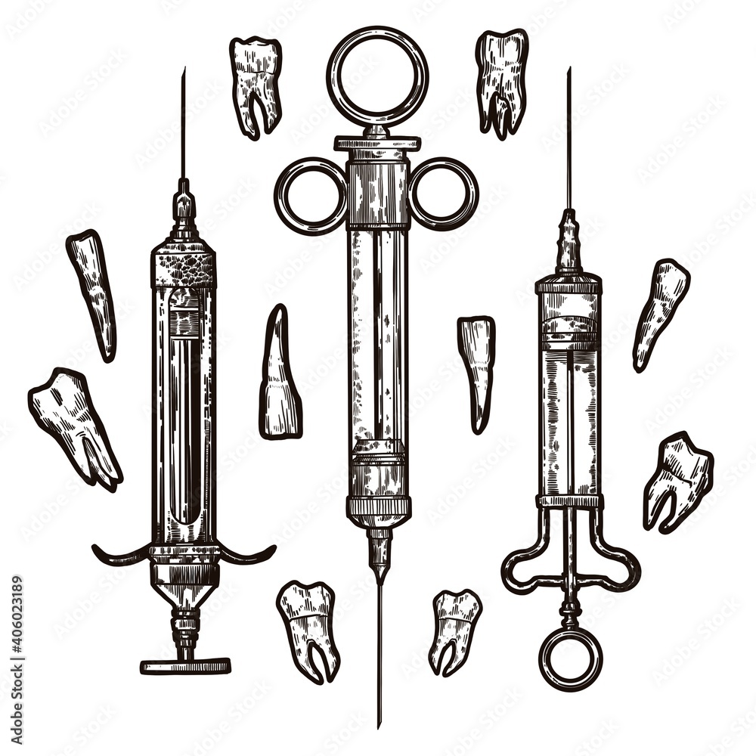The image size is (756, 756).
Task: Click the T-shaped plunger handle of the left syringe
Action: (185, 665)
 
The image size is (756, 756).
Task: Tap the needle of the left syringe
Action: (183, 129)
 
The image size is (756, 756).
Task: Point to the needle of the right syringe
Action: (569, 144)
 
